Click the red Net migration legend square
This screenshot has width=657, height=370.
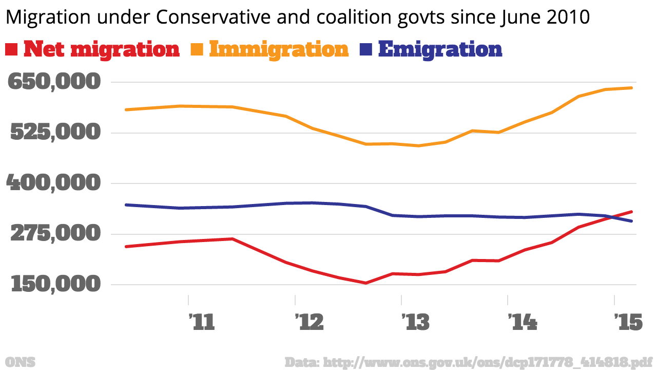point(12,50)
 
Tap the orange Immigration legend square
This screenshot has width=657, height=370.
point(198,50)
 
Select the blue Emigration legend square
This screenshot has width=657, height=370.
point(365,50)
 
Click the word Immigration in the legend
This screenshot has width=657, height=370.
point(279,50)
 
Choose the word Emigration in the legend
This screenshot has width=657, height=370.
point(440,50)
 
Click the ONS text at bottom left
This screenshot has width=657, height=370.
point(20,362)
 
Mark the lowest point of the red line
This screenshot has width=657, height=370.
point(365,283)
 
